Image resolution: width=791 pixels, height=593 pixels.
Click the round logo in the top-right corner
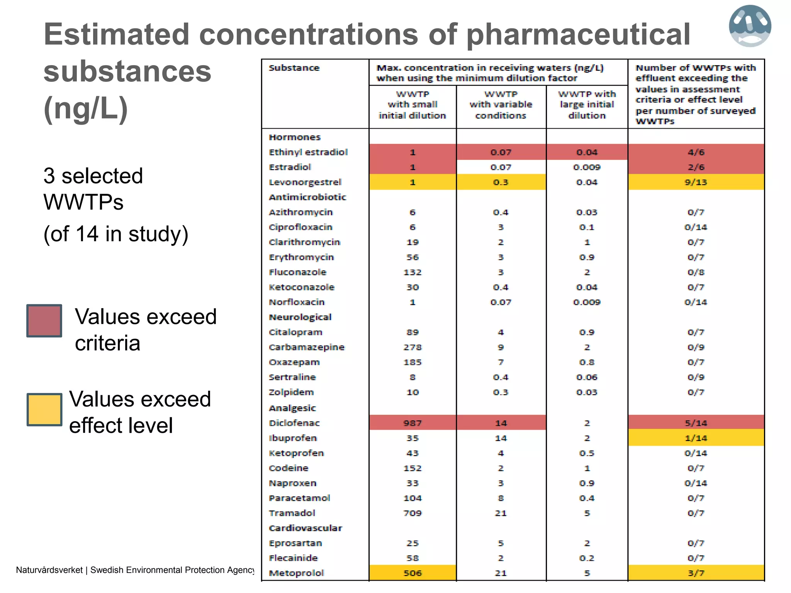tap(750, 26)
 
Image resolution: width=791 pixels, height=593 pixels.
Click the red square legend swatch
tap(44, 321)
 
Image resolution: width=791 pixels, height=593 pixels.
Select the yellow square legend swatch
tap(44, 410)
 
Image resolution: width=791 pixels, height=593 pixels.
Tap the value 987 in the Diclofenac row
tap(412, 423)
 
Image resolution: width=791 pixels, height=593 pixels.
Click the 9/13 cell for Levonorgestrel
tap(696, 182)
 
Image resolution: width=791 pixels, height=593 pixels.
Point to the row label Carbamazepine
tap(306, 347)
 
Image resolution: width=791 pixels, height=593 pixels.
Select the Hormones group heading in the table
tap(295, 137)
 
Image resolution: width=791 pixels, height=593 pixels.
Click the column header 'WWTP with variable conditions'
tap(501, 105)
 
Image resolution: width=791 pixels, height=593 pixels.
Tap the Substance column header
tap(294, 68)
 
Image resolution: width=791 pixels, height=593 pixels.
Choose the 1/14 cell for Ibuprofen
tap(696, 438)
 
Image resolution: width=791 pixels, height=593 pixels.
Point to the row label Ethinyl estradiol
tap(308, 152)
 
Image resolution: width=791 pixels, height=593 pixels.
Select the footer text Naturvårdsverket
tap(49, 570)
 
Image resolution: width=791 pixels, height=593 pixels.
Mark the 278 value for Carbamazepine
tap(412, 347)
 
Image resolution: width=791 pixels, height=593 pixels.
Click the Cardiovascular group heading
tap(305, 528)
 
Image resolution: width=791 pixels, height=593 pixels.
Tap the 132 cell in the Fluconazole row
tap(412, 273)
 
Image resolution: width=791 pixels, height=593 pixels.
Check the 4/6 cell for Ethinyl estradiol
tap(696, 152)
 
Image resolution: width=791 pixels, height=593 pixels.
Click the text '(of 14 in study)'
tap(116, 234)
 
